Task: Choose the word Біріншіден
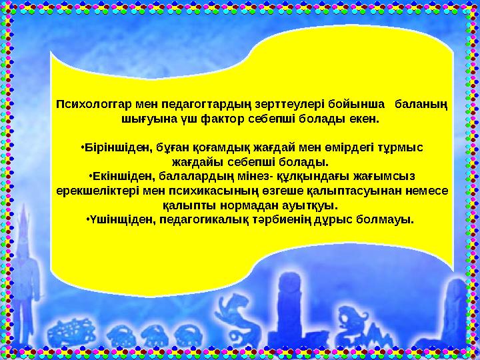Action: click(x=115, y=147)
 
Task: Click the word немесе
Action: click(x=425, y=191)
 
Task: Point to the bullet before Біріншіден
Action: click(x=80, y=147)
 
